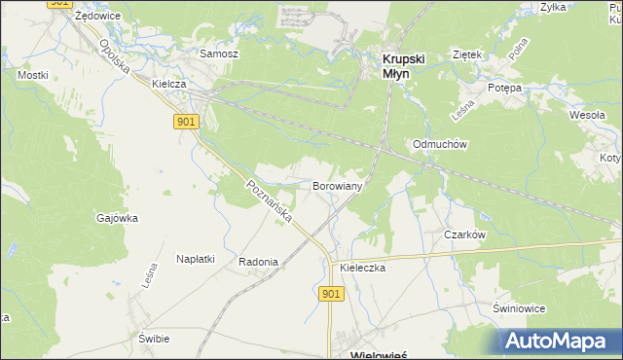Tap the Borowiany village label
point(338,185)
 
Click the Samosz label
point(219,54)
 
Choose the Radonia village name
point(258,262)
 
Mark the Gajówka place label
point(117,218)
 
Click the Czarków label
point(464,234)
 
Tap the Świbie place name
point(154,339)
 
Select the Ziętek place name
point(467,54)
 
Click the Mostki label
point(32,74)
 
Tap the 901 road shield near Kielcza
point(188,121)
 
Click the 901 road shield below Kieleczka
point(330,294)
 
